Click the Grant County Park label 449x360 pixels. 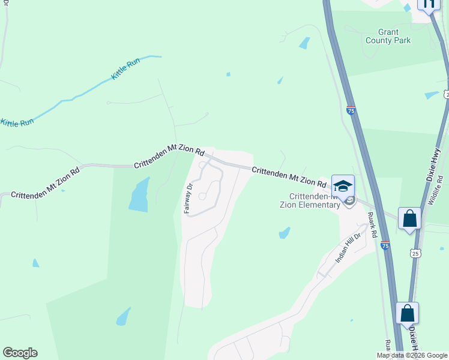388,36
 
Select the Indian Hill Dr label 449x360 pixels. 348,248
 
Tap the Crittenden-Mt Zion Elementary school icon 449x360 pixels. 343,185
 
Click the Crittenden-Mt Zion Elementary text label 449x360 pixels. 315,200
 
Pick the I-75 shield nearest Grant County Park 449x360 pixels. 351,110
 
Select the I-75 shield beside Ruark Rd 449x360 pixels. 385,245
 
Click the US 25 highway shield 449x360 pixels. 415,254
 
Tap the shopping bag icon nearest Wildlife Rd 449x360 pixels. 410,218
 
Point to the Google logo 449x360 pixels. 20,353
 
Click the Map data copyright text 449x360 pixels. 412,355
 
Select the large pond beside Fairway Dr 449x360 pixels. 139,196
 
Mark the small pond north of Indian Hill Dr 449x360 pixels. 285,233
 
